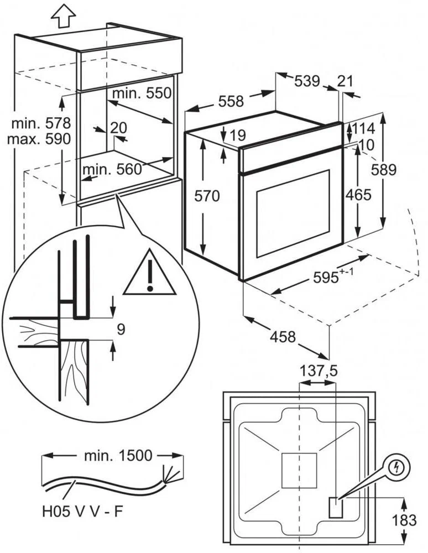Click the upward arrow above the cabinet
(63, 16)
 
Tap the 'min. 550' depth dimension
(142, 93)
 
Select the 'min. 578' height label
(41, 124)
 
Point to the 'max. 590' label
(39, 139)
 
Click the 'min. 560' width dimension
(112, 170)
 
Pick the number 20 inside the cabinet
(118, 127)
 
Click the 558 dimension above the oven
(231, 102)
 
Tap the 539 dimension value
(307, 81)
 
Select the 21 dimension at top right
(345, 81)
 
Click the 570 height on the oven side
(207, 196)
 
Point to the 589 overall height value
(384, 170)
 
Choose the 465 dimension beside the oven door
(358, 195)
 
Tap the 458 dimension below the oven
(283, 337)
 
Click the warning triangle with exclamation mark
(150, 272)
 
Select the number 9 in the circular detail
(121, 330)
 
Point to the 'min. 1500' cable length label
(118, 455)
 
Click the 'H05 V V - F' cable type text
(83, 512)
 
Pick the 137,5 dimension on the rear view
(319, 371)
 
